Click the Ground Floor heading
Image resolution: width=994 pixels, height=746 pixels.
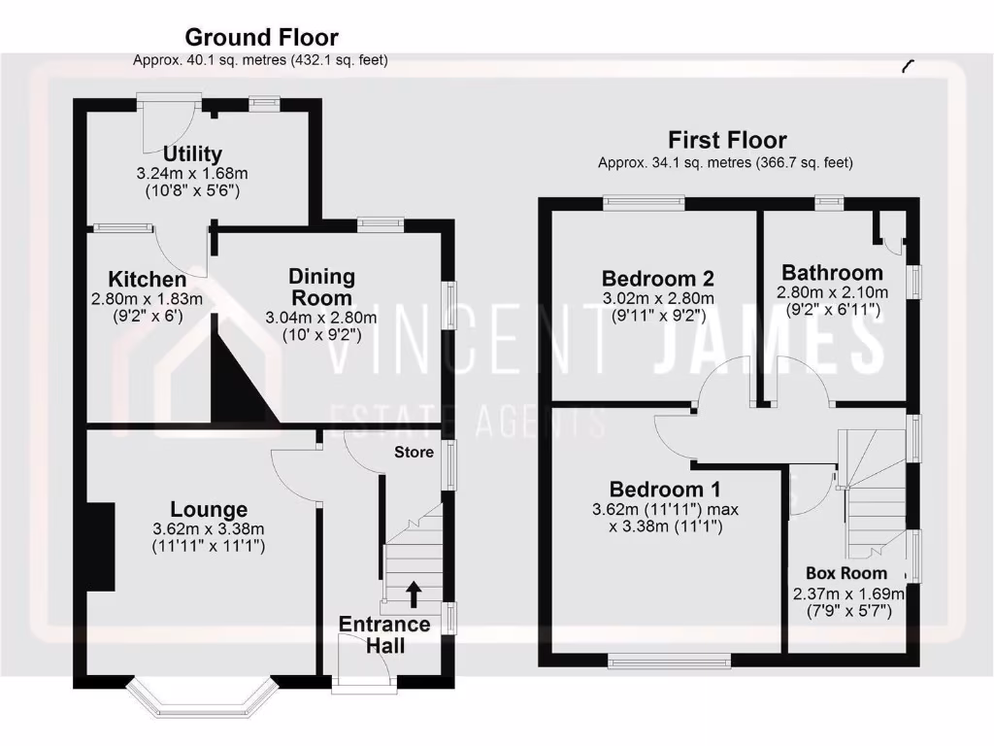pyautogui.click(x=261, y=38)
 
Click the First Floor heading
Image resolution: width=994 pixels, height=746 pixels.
pyautogui.click(x=726, y=141)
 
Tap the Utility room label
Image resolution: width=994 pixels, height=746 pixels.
pyautogui.click(x=192, y=153)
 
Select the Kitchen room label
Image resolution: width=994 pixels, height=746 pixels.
pyautogui.click(x=148, y=280)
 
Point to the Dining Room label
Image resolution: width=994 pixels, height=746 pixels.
pyautogui.click(x=322, y=288)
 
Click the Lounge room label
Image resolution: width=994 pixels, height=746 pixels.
pyautogui.click(x=209, y=510)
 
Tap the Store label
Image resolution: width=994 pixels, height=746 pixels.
pyautogui.click(x=413, y=453)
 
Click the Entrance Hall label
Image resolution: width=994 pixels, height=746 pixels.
pyautogui.click(x=383, y=634)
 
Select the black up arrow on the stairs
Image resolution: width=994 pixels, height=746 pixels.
pyautogui.click(x=414, y=592)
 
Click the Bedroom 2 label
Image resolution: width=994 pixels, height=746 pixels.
pyautogui.click(x=648, y=279)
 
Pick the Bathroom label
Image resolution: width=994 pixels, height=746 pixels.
pyautogui.click(x=832, y=272)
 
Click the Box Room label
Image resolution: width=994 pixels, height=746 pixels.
pyautogui.click(x=846, y=573)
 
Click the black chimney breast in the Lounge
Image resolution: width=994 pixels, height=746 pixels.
pyautogui.click(x=100, y=546)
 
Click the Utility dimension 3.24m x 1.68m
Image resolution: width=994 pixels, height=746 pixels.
pyautogui.click(x=192, y=174)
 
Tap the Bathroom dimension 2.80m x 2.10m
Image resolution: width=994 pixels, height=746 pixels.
pyautogui.click(x=832, y=292)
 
